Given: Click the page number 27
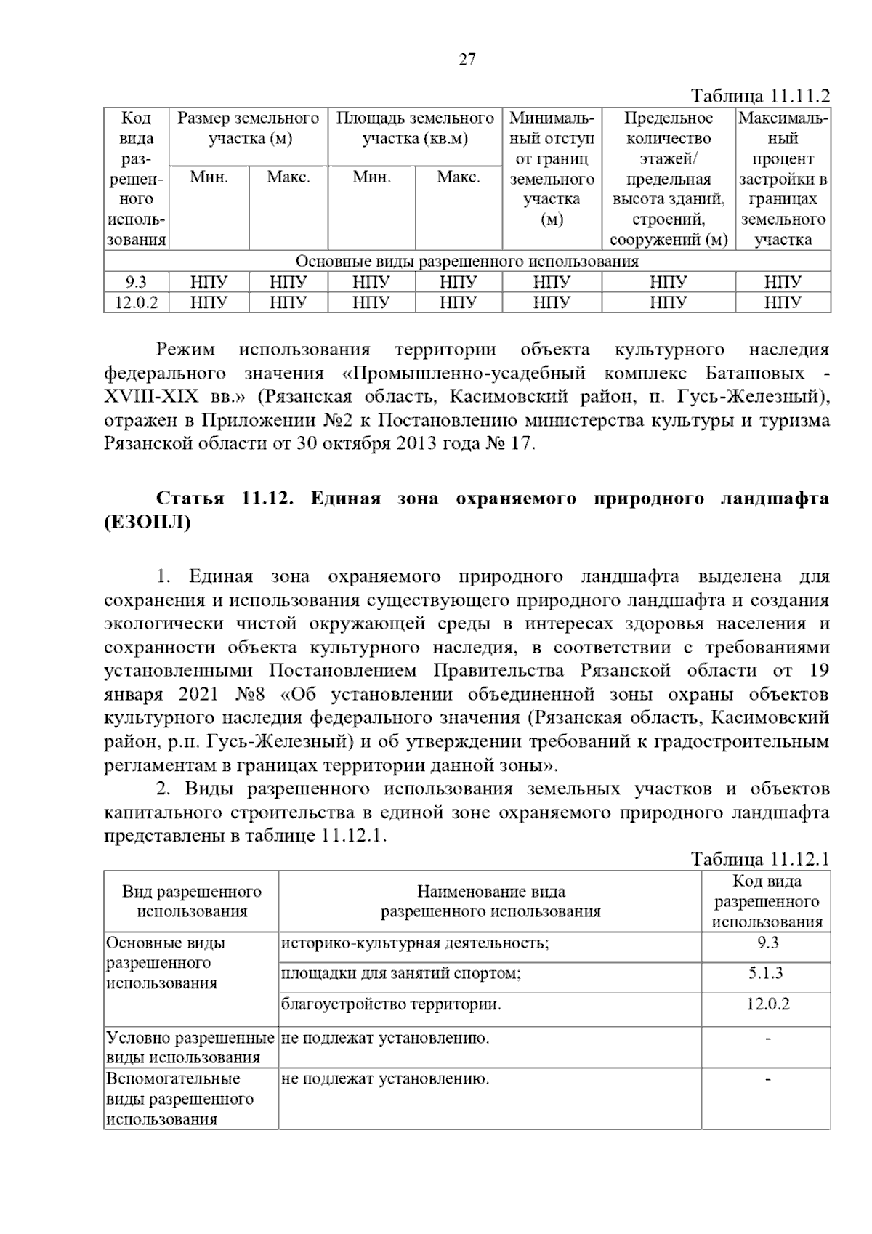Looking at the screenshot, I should tap(467, 60).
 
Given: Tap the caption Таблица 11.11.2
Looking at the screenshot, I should tap(760, 97).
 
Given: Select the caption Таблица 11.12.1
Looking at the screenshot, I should tap(760, 860).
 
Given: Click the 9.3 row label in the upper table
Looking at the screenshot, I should tap(136, 282).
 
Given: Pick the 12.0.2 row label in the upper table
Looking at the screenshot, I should tap(136, 302).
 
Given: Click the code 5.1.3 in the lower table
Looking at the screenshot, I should tap(767, 973).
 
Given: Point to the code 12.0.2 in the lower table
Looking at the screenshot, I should tap(767, 1004).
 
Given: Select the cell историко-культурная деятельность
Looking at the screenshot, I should tap(415, 943).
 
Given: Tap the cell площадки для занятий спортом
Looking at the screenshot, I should tap(401, 973).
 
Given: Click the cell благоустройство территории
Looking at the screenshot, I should tap(391, 1005).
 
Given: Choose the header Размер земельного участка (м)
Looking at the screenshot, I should tap(249, 128).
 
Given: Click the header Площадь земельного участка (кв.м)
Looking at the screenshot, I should tap(415, 128).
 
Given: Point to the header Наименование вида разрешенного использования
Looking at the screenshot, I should tap(490, 901).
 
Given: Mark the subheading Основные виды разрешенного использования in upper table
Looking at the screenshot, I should tap(467, 262).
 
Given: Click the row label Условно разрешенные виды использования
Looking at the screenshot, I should tap(190, 1047).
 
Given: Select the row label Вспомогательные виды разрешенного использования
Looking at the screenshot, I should tap(180, 1098).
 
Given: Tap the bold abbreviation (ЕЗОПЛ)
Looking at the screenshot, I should tap(148, 523).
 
